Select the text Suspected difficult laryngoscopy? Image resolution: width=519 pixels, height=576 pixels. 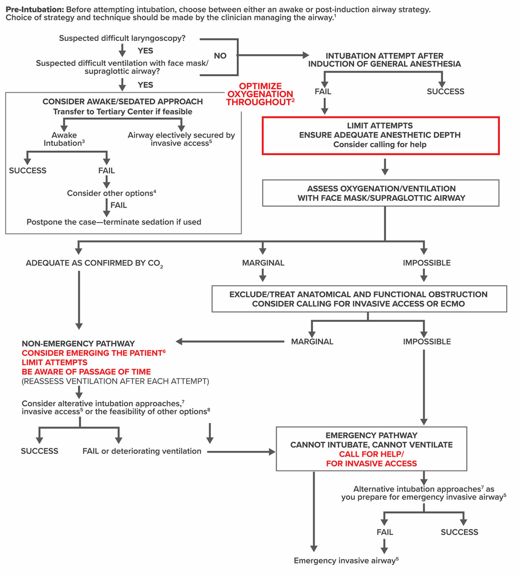pyautogui.click(x=122, y=38)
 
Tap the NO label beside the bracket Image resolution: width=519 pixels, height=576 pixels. pyautogui.click(x=220, y=56)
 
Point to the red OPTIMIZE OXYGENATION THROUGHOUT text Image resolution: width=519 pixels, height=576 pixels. pyautogui.click(x=260, y=94)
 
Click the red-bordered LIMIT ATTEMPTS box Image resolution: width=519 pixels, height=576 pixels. pyautogui.click(x=380, y=135)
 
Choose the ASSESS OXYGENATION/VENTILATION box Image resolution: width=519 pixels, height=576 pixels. pyautogui.click(x=381, y=193)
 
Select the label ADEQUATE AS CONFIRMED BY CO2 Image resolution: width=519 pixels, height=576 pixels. pyautogui.click(x=94, y=263)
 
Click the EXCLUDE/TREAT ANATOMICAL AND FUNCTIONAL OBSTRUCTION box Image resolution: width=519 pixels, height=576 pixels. pyautogui.click(x=359, y=299)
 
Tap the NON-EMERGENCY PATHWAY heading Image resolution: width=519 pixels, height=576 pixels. pyautogui.click(x=78, y=343)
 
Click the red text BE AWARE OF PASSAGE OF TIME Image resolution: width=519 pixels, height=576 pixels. pyautogui.click(x=86, y=372)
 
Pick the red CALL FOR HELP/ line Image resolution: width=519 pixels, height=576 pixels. pyautogui.click(x=371, y=454)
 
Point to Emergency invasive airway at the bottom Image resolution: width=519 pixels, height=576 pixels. pyautogui.click(x=346, y=561)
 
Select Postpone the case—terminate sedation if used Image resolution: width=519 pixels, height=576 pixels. pyautogui.click(x=114, y=222)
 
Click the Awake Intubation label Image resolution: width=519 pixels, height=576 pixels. pyautogui.click(x=64, y=139)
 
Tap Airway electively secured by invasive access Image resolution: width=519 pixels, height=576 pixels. pyautogui.click(x=181, y=139)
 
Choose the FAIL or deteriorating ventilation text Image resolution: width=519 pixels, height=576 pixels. pyautogui.click(x=142, y=451)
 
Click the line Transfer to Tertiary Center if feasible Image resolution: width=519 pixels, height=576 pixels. pyautogui.click(x=122, y=112)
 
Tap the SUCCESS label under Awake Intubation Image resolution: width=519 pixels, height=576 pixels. pyautogui.click(x=28, y=171)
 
